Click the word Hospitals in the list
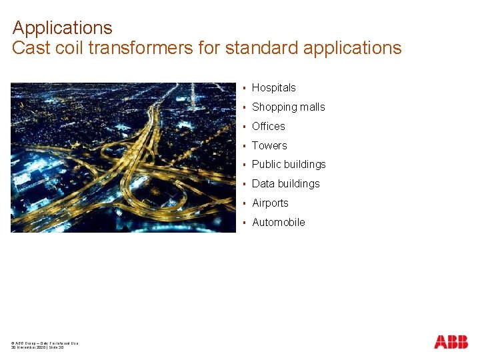coord(273,88)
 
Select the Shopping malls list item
coord(288,107)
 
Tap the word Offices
coord(268,127)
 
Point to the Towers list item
coord(269,146)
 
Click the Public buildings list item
coord(289,165)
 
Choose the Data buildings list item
coord(285,184)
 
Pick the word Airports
coord(270,203)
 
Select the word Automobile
coord(278,223)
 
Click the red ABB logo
coord(451,342)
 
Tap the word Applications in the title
coord(63,28)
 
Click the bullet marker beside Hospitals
coord(245,88)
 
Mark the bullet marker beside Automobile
coord(245,223)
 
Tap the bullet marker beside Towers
coord(245,146)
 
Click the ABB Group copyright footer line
coord(45,343)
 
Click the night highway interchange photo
coord(123,157)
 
